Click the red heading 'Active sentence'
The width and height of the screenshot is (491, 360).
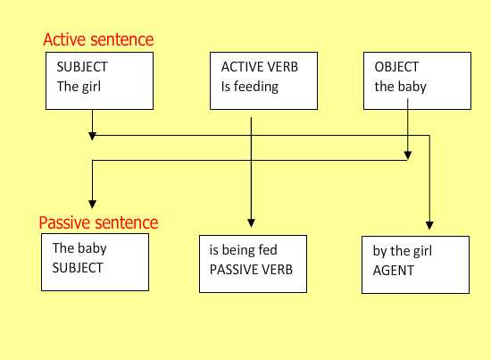point(98,40)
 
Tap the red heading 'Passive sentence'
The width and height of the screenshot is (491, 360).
point(98,222)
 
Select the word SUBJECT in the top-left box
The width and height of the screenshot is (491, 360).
point(82,67)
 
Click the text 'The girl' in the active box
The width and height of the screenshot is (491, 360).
point(79,87)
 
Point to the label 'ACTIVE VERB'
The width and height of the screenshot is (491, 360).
point(260,67)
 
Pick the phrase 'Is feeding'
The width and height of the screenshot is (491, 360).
point(250,87)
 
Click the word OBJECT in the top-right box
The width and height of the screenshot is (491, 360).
point(396,67)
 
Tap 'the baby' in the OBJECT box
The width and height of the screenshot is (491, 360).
point(401,87)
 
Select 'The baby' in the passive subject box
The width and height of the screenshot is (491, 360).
point(79,248)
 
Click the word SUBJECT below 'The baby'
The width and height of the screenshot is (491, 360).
point(78,268)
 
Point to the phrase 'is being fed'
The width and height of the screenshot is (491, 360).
point(244,250)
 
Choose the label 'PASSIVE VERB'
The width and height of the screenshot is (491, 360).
point(251,270)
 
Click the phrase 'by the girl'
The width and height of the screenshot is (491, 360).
point(403,251)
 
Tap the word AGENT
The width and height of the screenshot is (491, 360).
point(394,271)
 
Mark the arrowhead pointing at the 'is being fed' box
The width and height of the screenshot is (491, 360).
point(251,223)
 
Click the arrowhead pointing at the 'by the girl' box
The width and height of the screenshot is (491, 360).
point(429,226)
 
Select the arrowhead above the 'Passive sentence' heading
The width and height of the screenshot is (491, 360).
point(92,205)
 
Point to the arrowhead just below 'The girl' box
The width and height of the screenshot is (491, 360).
point(92,136)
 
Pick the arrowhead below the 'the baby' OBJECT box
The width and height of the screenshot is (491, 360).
point(408,155)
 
